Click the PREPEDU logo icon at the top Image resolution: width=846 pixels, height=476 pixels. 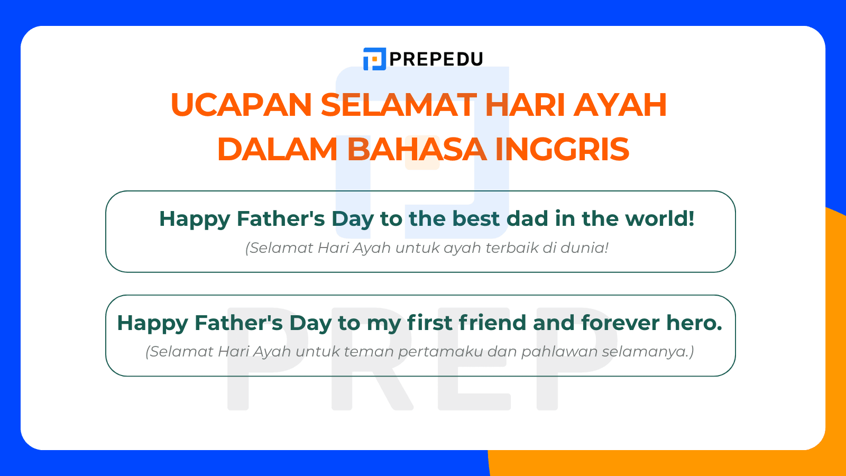tap(374, 59)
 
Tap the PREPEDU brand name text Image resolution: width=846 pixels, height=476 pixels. tap(436, 59)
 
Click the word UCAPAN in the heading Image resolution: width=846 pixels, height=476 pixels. tap(241, 105)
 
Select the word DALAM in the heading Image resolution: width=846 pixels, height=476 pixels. tap(277, 149)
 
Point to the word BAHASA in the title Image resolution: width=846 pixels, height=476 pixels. tap(416, 149)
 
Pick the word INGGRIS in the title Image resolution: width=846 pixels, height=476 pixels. tap(562, 149)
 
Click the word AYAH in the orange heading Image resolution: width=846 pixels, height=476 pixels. tap(620, 105)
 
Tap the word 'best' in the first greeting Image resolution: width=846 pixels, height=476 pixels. tap(476, 219)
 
